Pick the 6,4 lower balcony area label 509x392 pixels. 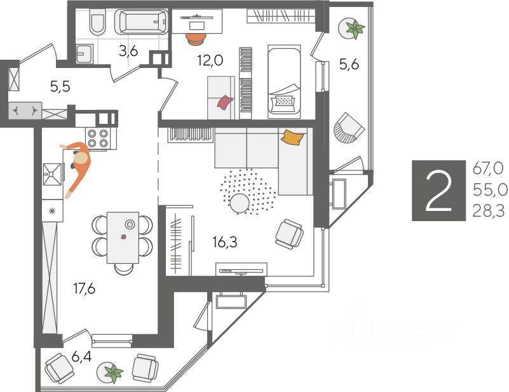(81, 356)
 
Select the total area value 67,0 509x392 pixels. (488, 168)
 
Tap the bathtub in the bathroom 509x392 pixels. (142, 24)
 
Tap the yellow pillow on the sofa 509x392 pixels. (292, 137)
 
